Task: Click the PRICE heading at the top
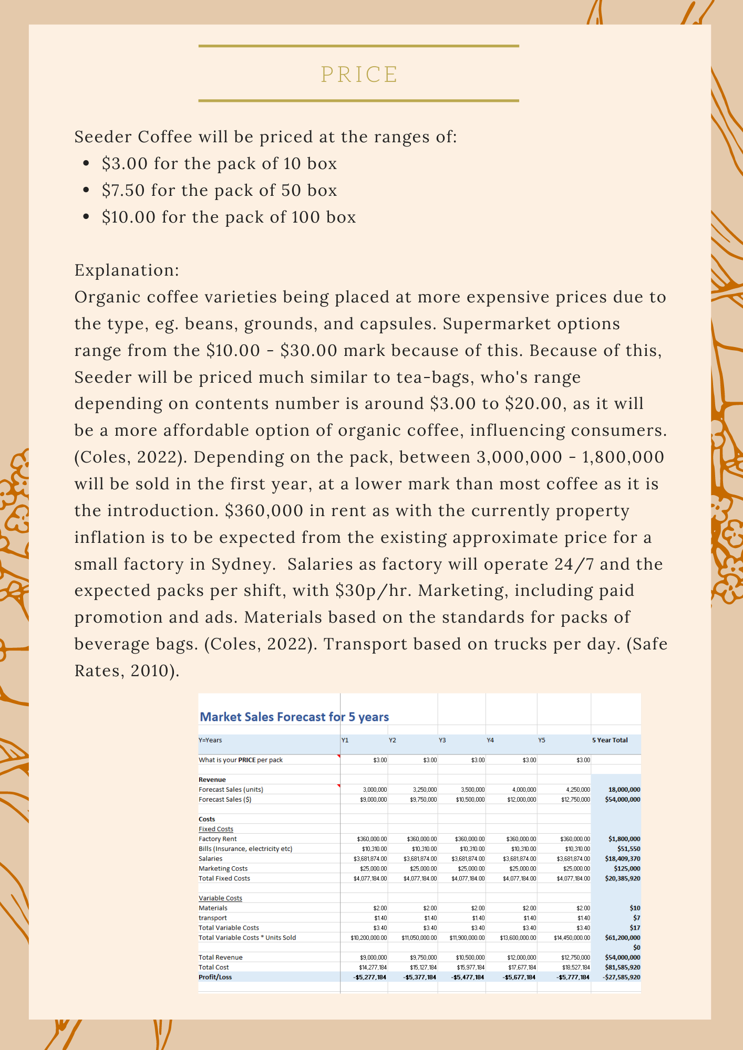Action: [359, 75]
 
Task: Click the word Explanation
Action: [127, 270]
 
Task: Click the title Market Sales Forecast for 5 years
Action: [294, 717]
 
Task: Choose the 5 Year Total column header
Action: [610, 740]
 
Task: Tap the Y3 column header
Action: [442, 740]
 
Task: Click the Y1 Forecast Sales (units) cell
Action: [375, 790]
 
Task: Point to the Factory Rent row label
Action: [218, 839]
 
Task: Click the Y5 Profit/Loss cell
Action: [573, 977]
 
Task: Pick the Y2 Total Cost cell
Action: [423, 967]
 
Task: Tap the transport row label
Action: [213, 918]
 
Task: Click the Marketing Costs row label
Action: [223, 869]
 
